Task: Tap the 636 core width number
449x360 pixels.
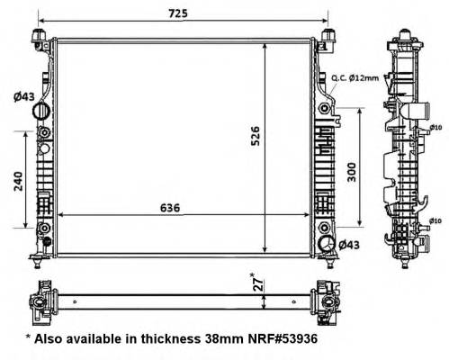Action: [x=170, y=207]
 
